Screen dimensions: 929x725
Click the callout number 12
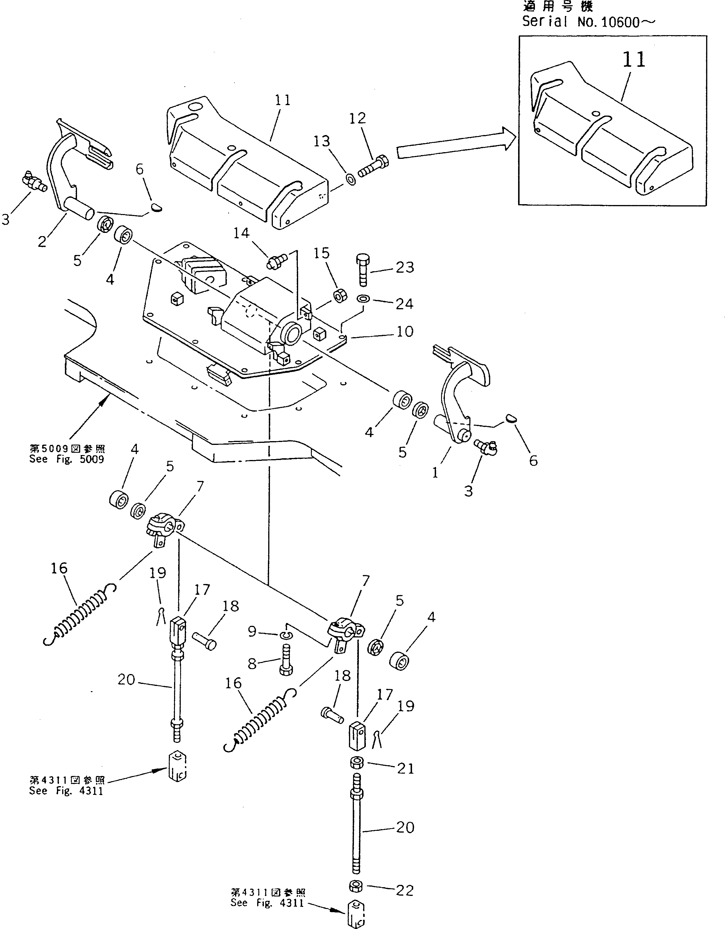(357, 119)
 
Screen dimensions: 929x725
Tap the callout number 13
(322, 141)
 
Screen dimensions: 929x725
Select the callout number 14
(241, 233)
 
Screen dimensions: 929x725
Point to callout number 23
(404, 267)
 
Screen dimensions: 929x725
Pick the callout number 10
(405, 331)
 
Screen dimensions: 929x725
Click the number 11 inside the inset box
(634, 60)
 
